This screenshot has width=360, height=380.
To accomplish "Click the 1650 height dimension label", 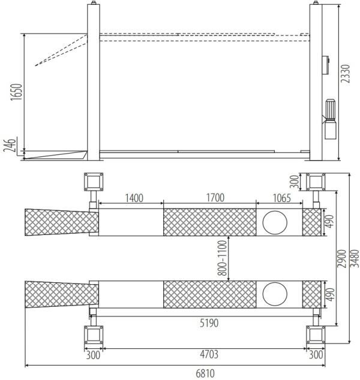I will point(17,94).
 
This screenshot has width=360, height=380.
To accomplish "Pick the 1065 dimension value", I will point(277,198).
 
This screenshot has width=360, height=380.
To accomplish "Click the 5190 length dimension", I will point(209,323).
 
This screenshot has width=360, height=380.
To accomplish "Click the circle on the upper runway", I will point(274,221).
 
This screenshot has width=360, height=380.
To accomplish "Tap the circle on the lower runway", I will point(274,294).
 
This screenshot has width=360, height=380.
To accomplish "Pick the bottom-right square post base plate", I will point(316,334).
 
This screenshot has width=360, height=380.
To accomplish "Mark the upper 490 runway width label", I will point(328,222).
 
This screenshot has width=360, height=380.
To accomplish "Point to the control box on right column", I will point(326,64).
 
